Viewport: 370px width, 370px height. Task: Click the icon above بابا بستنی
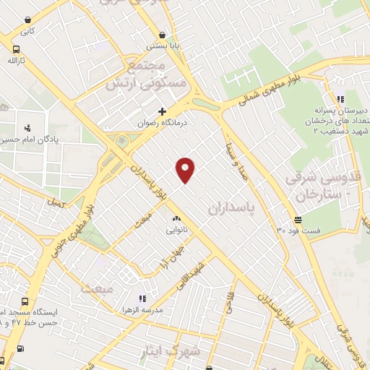163,34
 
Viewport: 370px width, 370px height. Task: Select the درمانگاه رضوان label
163,124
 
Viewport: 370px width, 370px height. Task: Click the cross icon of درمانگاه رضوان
162,111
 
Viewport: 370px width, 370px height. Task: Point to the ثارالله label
16,62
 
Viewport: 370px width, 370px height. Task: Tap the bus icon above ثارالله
16,50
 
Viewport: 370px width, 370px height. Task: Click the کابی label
27,31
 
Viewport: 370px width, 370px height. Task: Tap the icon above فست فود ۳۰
298,220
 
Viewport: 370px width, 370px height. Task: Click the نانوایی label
176,231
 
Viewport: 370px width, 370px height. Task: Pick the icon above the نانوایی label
176,218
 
